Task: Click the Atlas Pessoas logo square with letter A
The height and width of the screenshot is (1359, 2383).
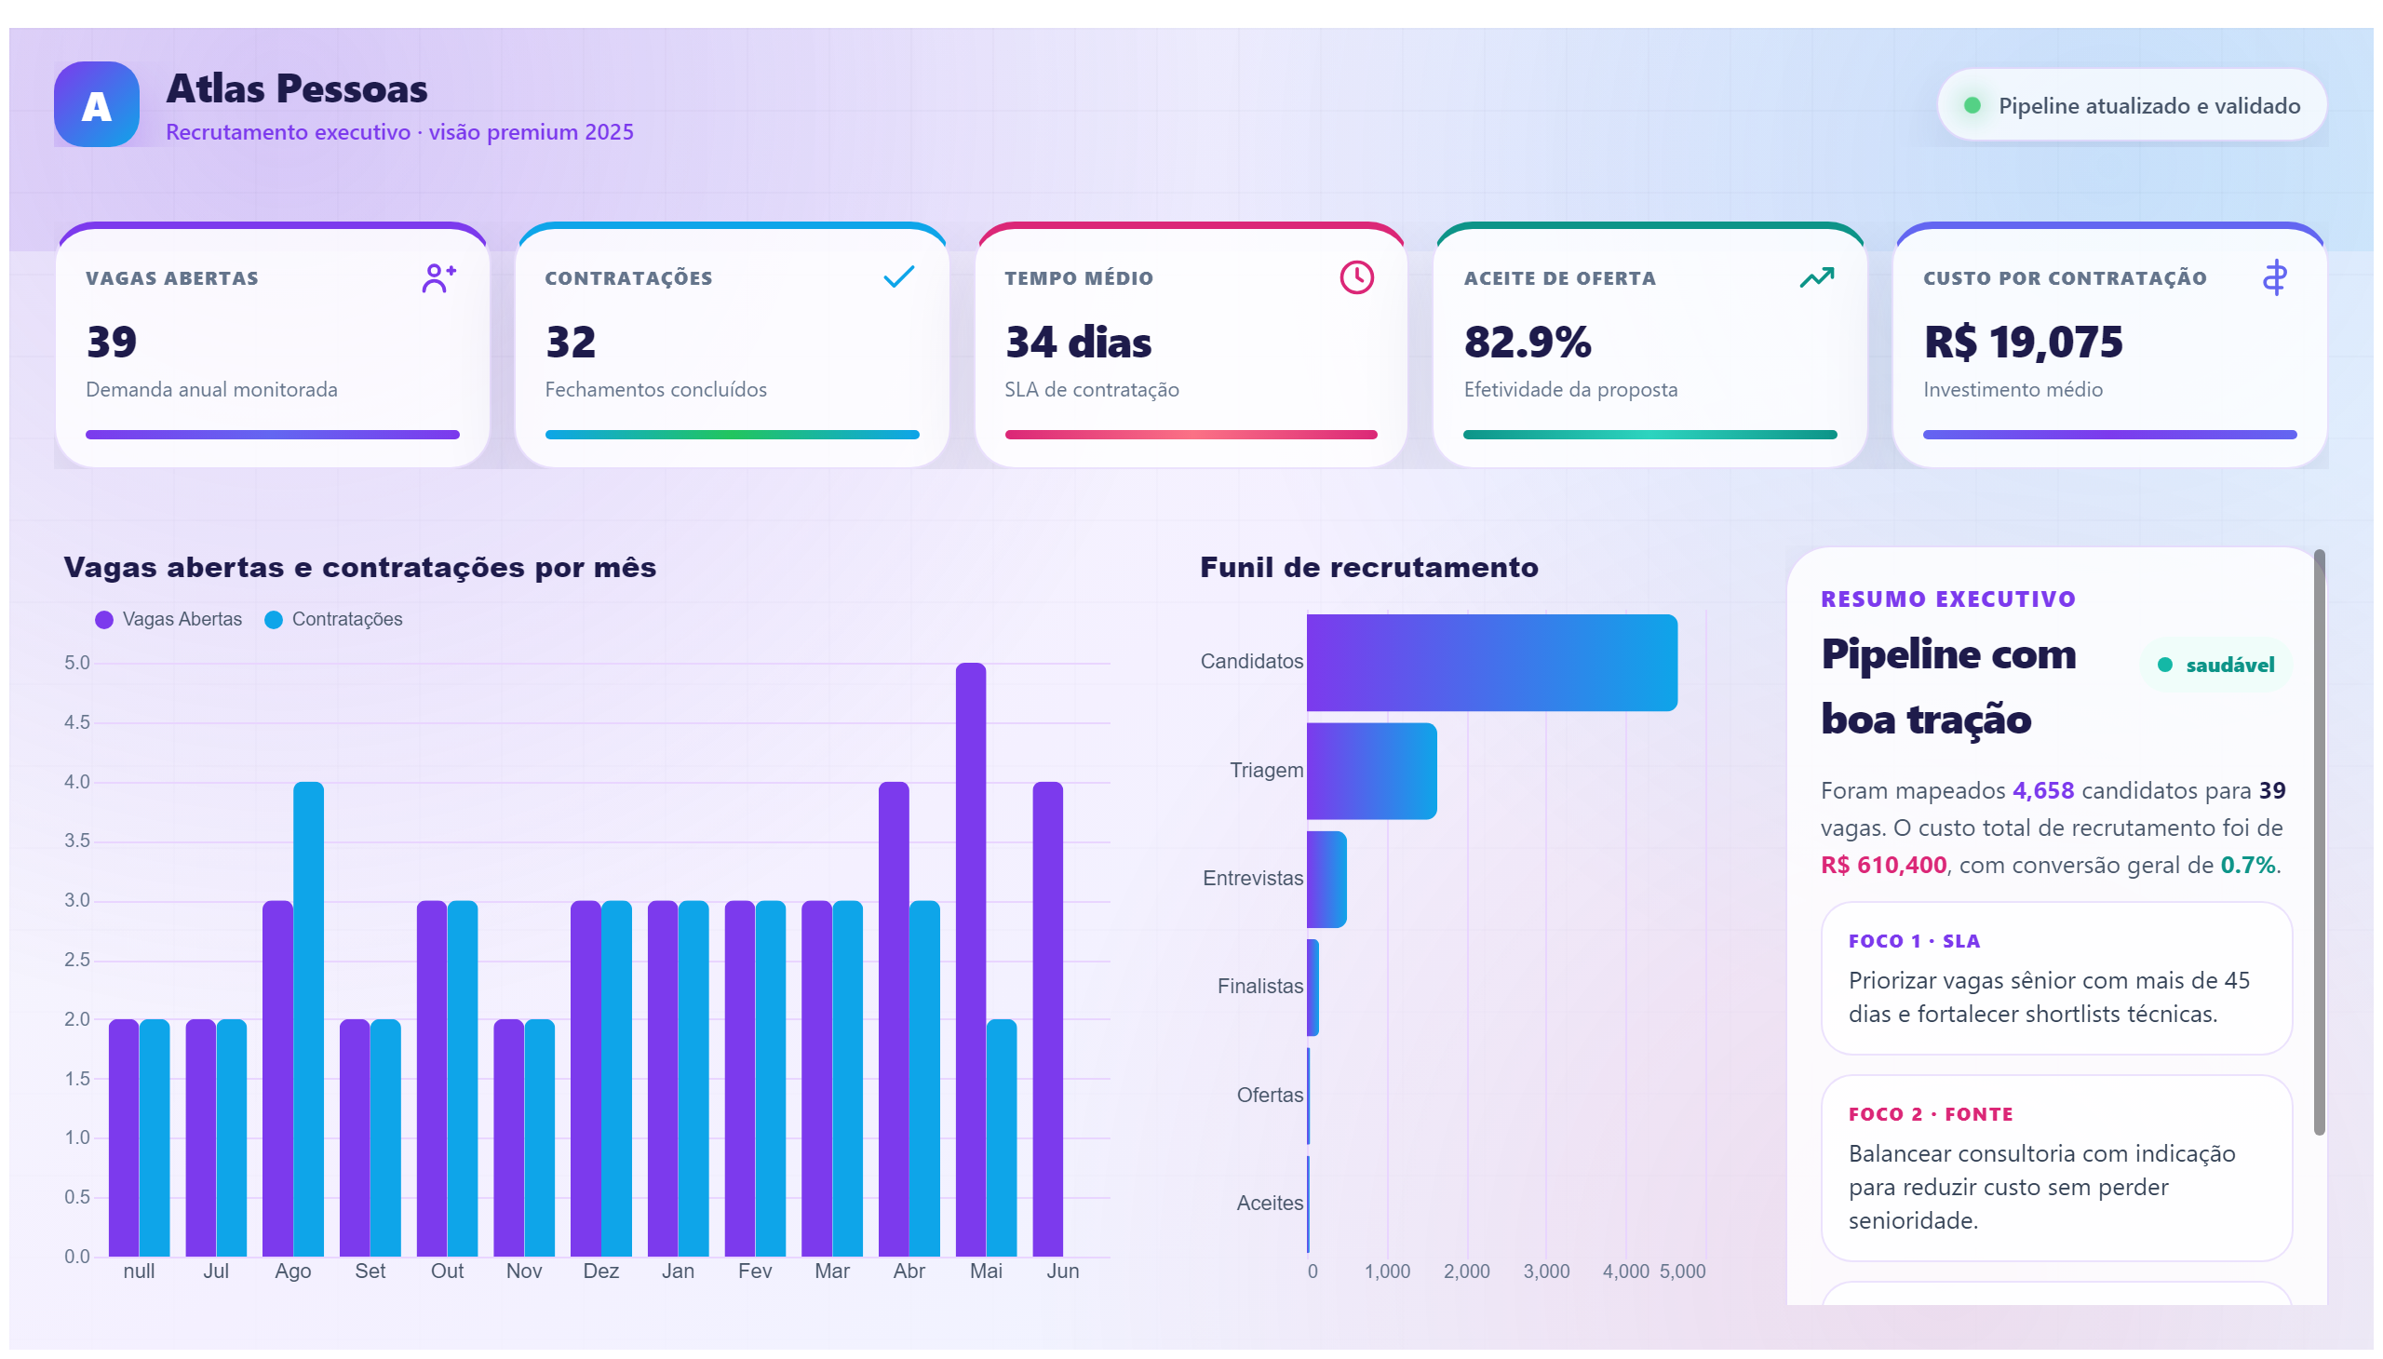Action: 96,104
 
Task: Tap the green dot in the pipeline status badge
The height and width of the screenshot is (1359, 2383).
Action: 1972,105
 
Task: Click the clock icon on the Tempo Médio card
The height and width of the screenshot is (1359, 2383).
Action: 1356,277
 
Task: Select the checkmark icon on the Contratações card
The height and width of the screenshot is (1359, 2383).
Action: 898,277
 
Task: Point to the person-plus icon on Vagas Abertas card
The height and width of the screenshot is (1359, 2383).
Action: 438,277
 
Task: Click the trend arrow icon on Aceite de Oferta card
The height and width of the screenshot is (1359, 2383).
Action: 1816,277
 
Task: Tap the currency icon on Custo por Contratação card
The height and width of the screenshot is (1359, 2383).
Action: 2275,277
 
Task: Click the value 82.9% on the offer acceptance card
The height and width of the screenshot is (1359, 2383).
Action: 1527,342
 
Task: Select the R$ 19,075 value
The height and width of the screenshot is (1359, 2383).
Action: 2023,342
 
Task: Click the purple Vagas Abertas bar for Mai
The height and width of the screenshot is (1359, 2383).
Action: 971,960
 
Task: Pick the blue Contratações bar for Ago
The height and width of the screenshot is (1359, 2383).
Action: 309,1019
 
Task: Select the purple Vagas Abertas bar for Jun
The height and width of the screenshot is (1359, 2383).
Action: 1047,1019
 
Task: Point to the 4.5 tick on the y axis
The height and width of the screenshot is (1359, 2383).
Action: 77,722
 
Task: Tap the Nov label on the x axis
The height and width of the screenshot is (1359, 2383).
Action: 524,1272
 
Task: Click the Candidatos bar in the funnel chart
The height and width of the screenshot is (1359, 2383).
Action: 1491,663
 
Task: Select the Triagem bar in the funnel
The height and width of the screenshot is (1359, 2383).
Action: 1371,771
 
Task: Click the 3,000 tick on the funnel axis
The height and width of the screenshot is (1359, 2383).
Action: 1546,1272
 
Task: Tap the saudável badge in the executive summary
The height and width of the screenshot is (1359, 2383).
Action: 2215,666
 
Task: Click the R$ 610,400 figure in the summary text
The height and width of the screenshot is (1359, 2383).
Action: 1884,866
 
